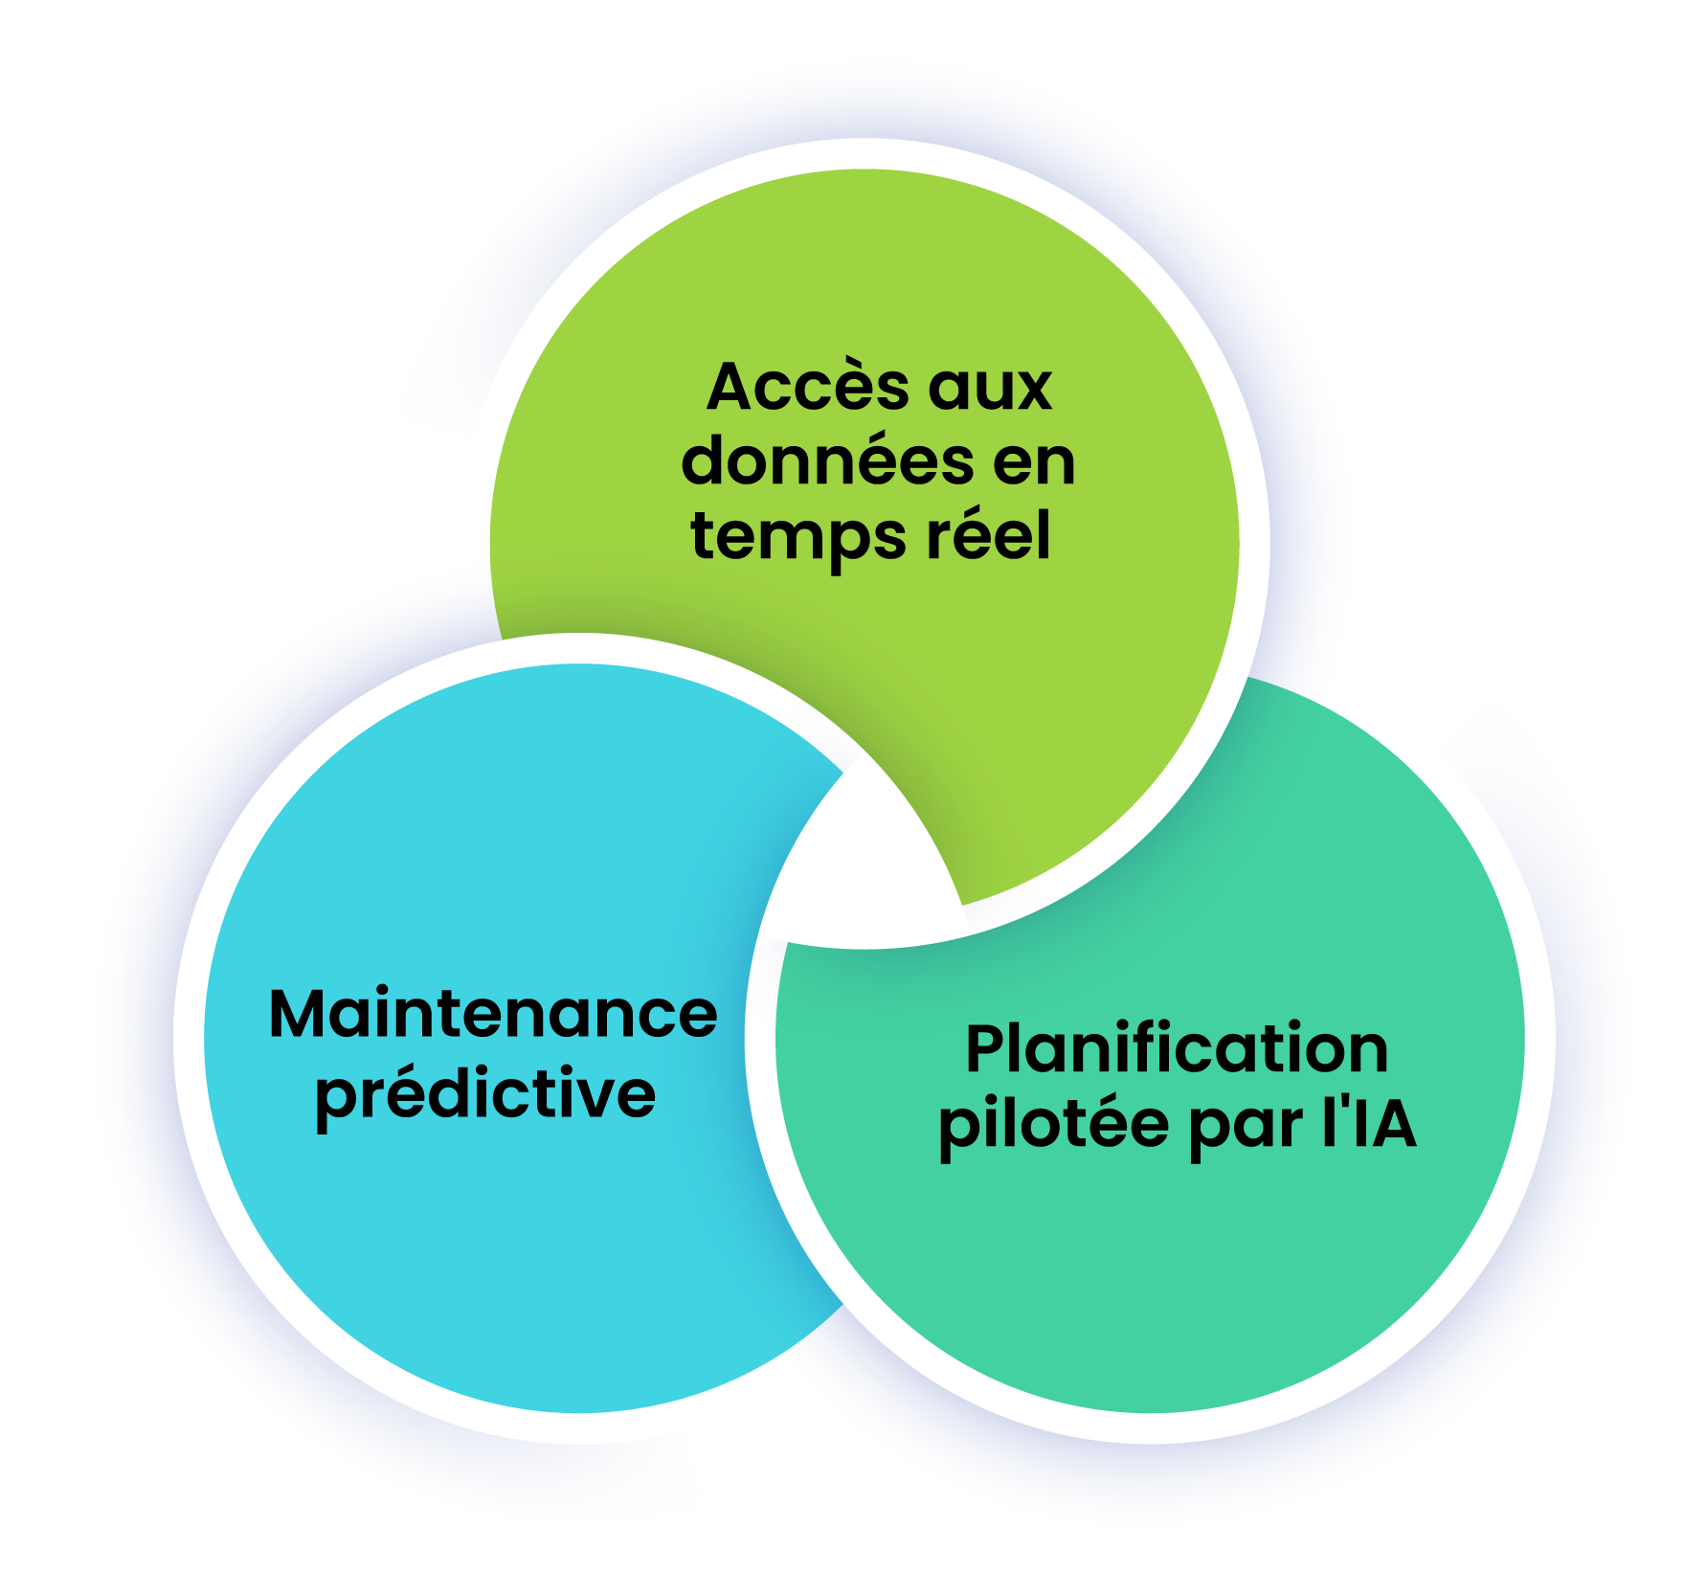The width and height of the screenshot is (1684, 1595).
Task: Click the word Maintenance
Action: tap(493, 1015)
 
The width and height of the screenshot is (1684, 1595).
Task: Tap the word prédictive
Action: tap(485, 1094)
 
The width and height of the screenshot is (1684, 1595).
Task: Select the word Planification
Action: tap(1177, 1049)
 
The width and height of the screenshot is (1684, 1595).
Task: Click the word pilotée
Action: tap(1054, 1125)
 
